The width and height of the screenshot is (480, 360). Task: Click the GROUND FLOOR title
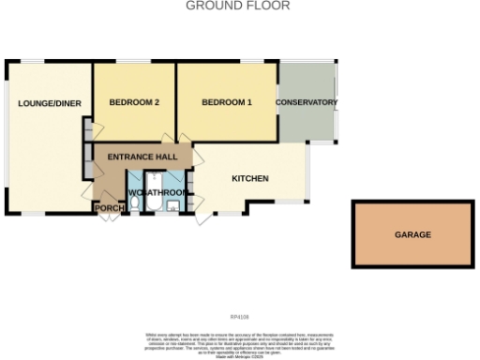click(238, 6)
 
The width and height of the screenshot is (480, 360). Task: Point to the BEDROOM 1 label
click(227, 102)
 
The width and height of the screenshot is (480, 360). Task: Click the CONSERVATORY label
click(306, 102)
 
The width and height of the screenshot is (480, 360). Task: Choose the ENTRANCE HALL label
click(142, 157)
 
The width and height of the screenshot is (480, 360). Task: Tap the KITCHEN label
click(250, 178)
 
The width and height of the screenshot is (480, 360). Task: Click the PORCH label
click(108, 208)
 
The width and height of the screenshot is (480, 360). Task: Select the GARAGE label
click(412, 235)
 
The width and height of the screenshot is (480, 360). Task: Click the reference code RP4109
click(240, 317)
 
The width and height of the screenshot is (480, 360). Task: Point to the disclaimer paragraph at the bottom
click(240, 339)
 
